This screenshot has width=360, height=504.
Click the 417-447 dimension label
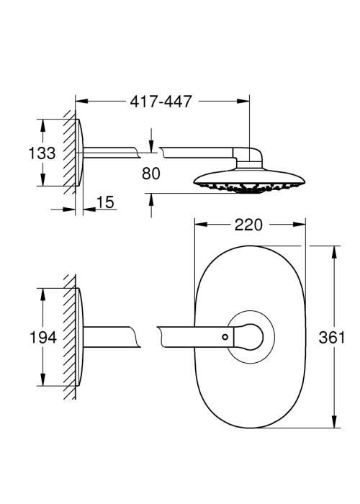(161, 102)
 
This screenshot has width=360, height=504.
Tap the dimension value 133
(42, 153)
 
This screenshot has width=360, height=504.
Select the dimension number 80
(150, 174)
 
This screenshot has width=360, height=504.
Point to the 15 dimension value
(105, 202)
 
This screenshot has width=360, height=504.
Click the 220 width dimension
(248, 225)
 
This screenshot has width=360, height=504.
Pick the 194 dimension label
(42, 338)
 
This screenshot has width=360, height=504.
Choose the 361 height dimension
(331, 338)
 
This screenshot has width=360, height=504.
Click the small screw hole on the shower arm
(225, 337)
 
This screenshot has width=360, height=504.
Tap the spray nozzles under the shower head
(249, 189)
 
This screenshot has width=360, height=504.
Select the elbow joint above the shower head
(250, 157)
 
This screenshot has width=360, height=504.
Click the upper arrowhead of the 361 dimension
(334, 253)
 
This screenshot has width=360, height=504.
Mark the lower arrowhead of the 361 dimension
(334, 421)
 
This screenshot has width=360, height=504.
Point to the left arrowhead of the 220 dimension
(201, 225)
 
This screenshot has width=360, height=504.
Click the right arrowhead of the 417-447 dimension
(243, 102)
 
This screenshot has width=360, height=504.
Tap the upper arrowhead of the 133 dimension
(42, 126)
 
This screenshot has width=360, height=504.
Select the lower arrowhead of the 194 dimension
(42, 379)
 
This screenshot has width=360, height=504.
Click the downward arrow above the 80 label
(151, 140)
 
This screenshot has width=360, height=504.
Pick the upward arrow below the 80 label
(151, 205)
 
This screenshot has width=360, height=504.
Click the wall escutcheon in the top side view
(80, 153)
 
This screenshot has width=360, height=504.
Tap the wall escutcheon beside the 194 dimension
(80, 337)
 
